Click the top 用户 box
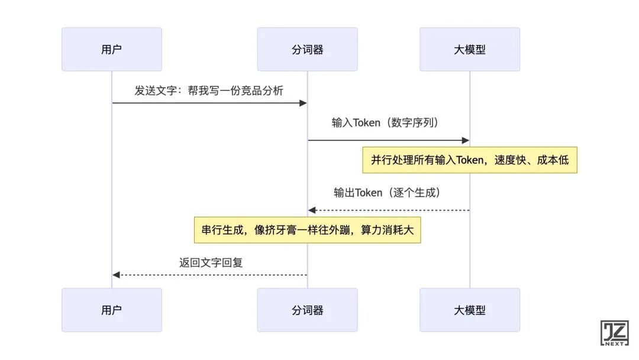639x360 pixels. coord(111,49)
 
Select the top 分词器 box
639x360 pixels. coord(307,49)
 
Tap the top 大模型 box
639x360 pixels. coord(470,49)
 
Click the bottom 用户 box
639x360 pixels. coord(111,310)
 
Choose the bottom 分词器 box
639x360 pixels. coord(307,310)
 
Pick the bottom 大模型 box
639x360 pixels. coord(470,310)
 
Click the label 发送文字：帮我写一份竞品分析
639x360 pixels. coord(209,91)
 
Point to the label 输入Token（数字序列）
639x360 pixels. coord(388,123)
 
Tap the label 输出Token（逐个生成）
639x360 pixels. coord(388,192)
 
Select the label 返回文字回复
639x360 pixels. coord(211,262)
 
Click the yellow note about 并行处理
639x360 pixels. coord(470,160)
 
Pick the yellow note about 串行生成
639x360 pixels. coord(308,230)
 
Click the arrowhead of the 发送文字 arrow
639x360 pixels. coord(303,103)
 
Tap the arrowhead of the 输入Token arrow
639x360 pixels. coord(466,140)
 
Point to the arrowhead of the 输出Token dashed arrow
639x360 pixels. coord(312,210)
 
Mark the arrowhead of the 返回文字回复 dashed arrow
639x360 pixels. coord(117,275)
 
